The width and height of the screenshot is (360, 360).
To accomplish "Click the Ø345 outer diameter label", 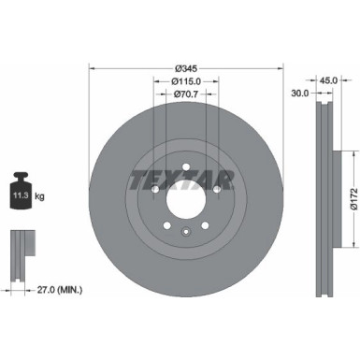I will coord(184,68).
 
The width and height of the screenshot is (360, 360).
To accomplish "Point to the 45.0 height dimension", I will coord(329,81).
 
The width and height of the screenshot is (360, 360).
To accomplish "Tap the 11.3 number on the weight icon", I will coord(19,196).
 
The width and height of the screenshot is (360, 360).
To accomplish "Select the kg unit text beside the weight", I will coord(40,196).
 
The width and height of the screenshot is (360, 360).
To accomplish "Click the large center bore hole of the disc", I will coord(184,200).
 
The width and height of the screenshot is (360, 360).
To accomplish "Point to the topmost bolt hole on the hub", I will coord(185,169).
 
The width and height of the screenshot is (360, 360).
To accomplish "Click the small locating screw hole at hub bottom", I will coord(184,234).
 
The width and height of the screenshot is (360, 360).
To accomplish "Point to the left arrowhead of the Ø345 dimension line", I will coord(93,68).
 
